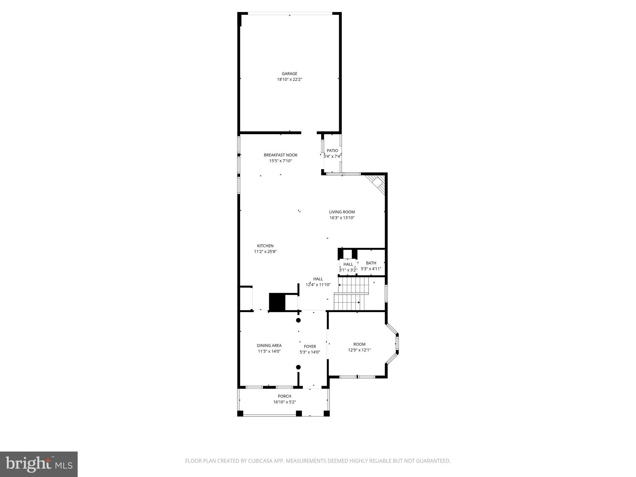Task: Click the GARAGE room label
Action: [x=289, y=74]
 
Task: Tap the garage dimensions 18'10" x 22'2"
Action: [x=289, y=79]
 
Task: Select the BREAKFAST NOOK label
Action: [x=280, y=155]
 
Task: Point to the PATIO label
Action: [x=332, y=151]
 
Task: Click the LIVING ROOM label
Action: [x=342, y=212]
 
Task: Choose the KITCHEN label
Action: [x=265, y=246]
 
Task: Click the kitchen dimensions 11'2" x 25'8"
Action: [x=265, y=252]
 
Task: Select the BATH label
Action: [x=371, y=263]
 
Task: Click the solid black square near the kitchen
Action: [x=277, y=302]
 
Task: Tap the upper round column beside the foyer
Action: [x=298, y=320]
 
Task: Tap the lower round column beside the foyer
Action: [x=298, y=367]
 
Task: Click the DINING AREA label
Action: [x=269, y=346]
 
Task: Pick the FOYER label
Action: [x=310, y=347]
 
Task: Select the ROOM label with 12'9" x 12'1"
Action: [x=359, y=344]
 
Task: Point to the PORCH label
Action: [x=284, y=396]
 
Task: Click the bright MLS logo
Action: [x=39, y=464]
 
